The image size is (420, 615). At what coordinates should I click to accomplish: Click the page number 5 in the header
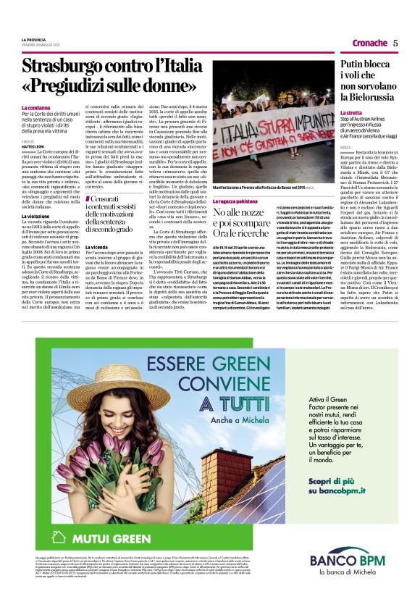click(395, 43)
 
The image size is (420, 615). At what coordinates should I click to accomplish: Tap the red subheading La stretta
click(351, 114)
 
